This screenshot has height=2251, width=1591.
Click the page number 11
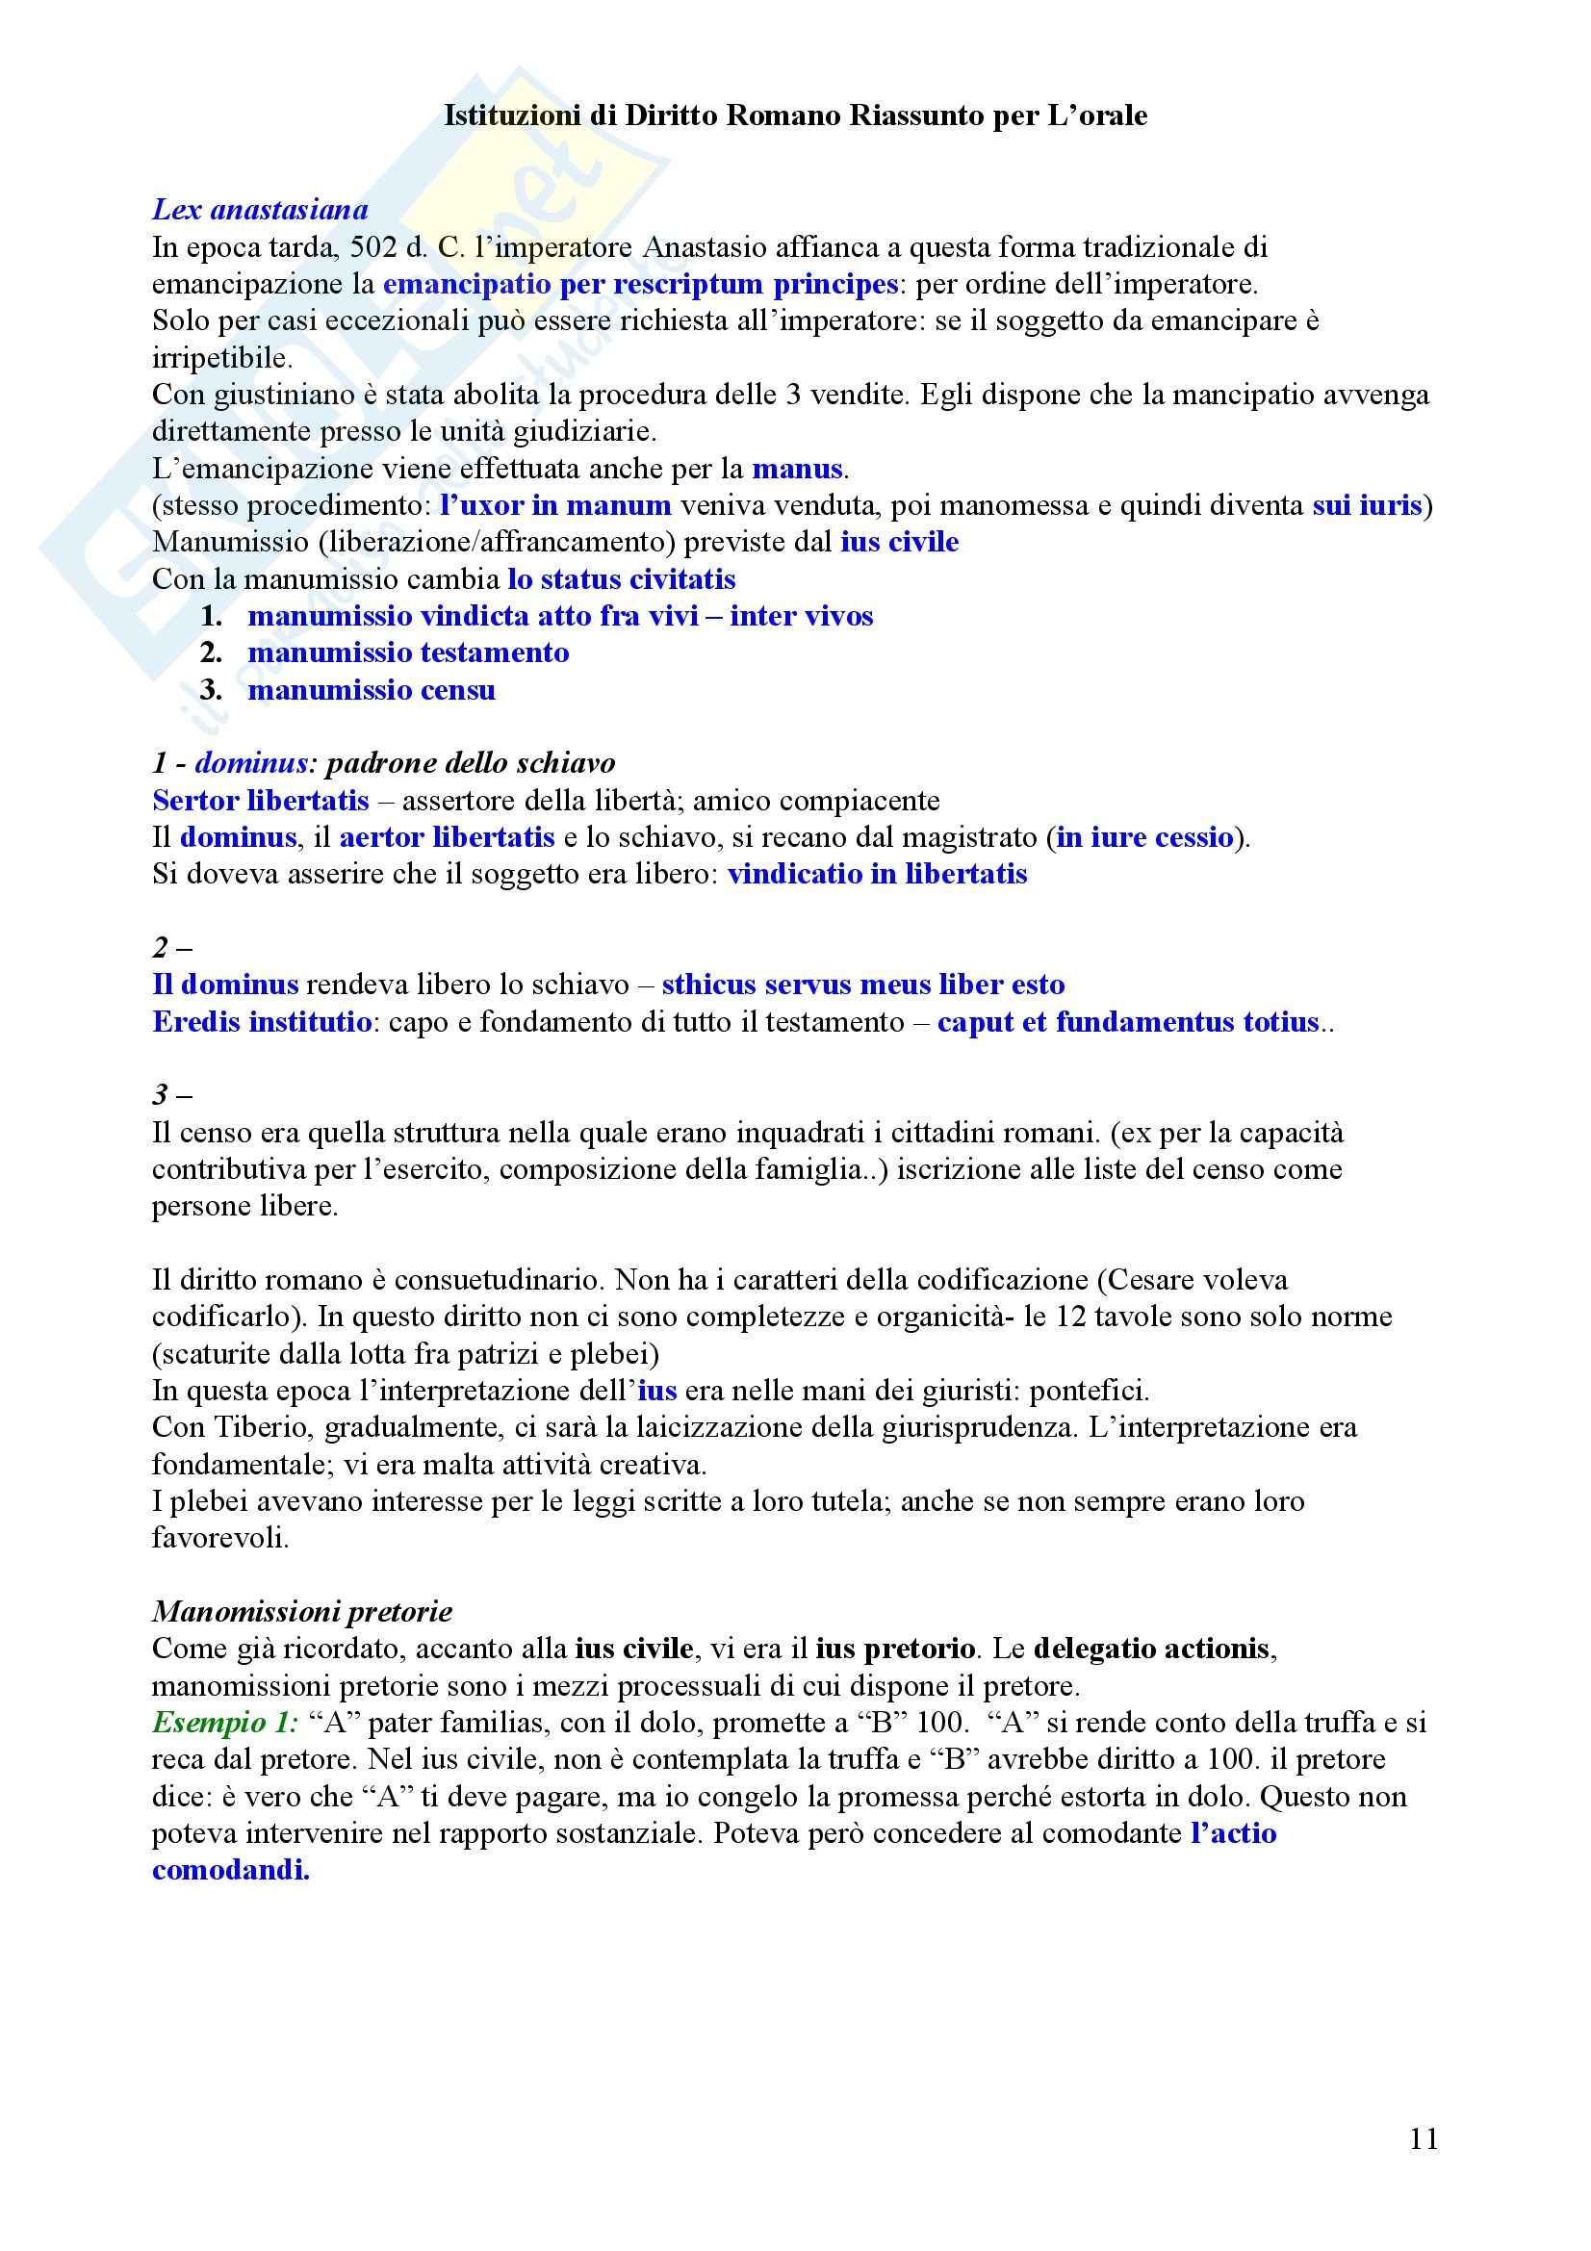click(1424, 2139)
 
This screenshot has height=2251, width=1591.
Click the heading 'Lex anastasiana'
click(260, 209)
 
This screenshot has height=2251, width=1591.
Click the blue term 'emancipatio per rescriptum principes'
click(640, 284)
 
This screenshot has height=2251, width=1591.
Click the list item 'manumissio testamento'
click(408, 652)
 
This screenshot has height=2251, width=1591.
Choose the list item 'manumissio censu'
click(372, 690)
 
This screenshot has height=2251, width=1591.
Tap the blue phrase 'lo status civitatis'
click(622, 579)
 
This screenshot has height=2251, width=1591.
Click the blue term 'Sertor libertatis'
click(261, 801)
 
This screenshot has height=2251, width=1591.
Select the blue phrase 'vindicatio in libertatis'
click(878, 875)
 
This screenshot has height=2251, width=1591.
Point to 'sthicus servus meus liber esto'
click(862, 985)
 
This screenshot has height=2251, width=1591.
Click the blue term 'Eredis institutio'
click(262, 1022)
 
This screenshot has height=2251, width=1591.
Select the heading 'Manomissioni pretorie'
click(302, 1612)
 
